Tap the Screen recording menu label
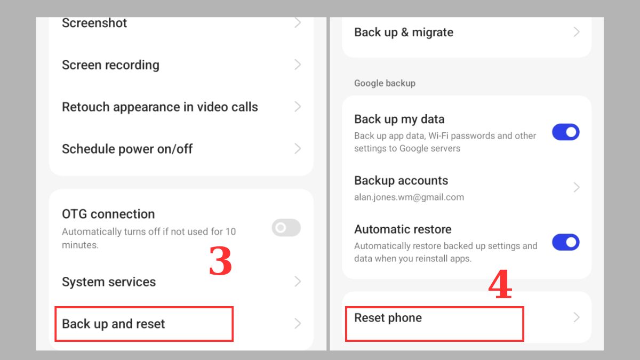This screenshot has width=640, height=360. tap(110, 65)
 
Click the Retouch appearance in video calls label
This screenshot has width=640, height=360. tap(160, 107)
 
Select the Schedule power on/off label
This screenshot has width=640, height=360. tap(127, 149)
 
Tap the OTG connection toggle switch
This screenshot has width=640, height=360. tap(286, 228)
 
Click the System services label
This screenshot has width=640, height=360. tap(109, 282)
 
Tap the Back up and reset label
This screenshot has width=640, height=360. tap(114, 324)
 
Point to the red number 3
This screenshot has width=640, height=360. tap(220, 261)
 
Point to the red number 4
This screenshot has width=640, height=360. tap(500, 284)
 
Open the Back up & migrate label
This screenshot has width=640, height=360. tap(404, 33)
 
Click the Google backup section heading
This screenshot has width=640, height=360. tap(385, 83)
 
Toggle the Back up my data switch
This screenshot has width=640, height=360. tap(566, 132)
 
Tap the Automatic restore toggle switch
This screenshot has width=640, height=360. tap(566, 242)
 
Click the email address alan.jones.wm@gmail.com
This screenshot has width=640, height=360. tap(409, 197)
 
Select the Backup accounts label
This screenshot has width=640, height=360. tap(401, 181)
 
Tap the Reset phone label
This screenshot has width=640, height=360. tap(388, 318)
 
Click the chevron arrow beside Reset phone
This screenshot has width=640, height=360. tap(577, 317)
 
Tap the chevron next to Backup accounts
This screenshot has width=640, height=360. tap(577, 187)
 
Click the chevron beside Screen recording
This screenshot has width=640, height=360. tap(298, 65)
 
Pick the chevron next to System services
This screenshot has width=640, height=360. tap(298, 282)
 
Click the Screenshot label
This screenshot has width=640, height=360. tap(94, 23)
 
